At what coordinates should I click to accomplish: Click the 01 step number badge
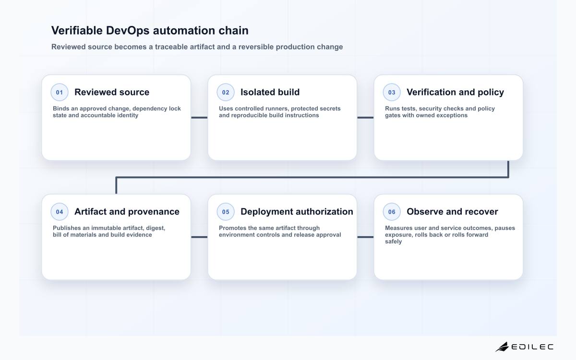pos(60,92)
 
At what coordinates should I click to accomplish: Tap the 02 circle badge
pos(226,92)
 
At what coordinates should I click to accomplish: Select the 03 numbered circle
pos(392,92)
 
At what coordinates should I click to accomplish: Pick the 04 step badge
pos(60,212)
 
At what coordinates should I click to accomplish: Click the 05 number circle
pos(226,212)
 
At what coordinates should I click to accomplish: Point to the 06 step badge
pos(392,212)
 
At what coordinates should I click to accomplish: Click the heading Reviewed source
pos(112,92)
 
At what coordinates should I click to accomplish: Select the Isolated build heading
pos(270,92)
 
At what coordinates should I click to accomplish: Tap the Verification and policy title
pos(455,92)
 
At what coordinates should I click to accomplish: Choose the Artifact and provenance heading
pos(127,212)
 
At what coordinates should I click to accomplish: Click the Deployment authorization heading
pos(297,212)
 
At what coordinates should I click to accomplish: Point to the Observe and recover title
pos(452,212)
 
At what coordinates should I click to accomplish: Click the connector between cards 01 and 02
pos(199,118)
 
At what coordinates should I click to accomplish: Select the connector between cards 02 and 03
pos(365,118)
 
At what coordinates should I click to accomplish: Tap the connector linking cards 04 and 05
pos(199,237)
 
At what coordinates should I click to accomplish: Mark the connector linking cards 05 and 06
pos(365,237)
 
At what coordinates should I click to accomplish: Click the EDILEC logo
pos(524,347)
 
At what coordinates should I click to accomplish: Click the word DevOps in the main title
pos(128,31)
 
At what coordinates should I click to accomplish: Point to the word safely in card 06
pos(393,241)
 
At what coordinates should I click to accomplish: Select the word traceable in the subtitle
pos(171,47)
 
